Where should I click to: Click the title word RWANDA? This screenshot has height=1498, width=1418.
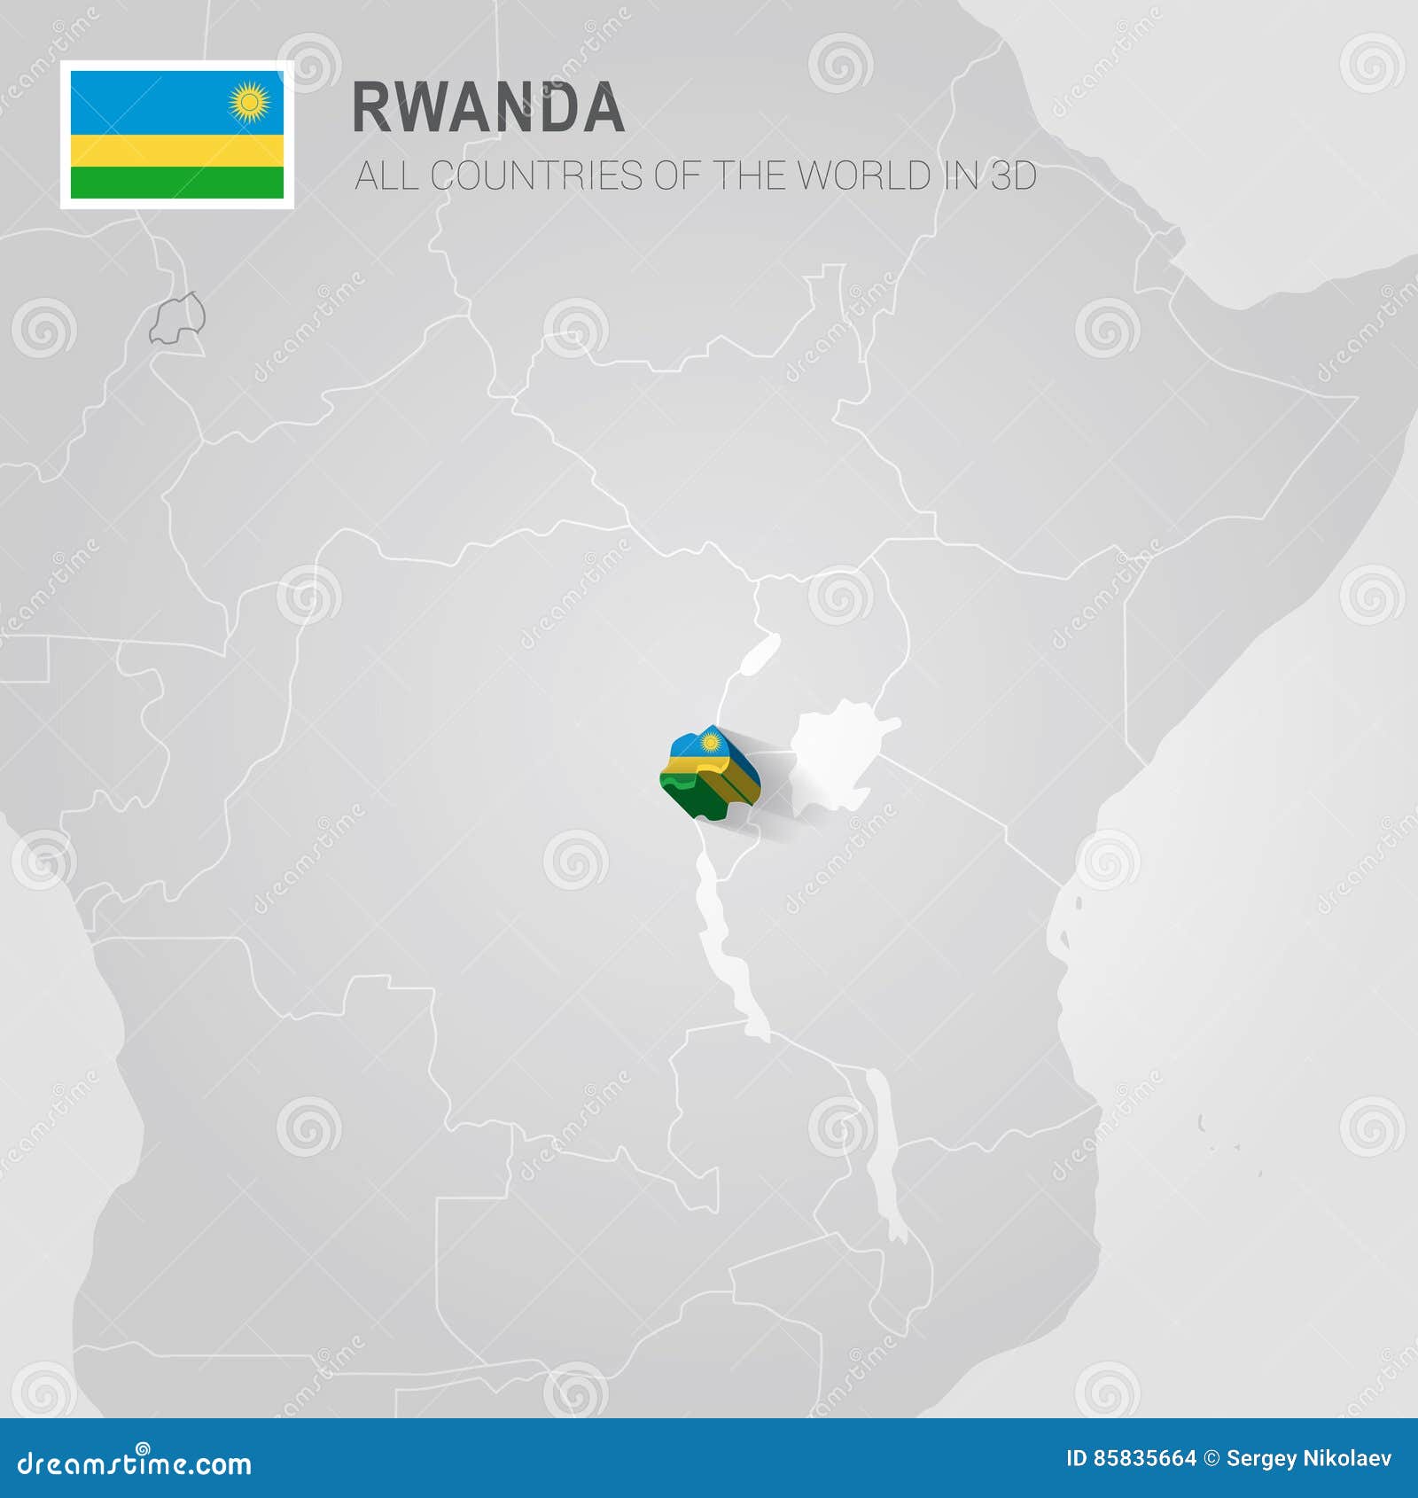tap(488, 108)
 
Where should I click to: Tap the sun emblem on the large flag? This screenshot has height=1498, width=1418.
tap(249, 103)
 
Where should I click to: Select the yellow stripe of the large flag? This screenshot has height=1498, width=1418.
tap(177, 151)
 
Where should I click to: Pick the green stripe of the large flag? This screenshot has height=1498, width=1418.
tap(177, 182)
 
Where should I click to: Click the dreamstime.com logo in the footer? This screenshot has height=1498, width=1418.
tap(135, 1463)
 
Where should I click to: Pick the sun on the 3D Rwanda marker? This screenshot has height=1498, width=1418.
tap(709, 742)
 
